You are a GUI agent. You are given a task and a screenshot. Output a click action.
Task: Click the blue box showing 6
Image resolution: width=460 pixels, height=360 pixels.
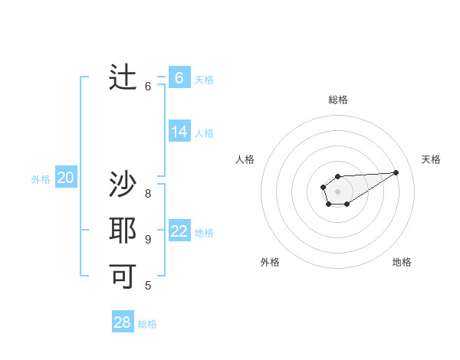tap(179, 78)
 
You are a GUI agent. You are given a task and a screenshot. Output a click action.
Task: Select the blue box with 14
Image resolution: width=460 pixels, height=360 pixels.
tap(179, 132)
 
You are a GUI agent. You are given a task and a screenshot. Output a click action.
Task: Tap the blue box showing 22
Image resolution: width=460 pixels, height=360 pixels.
tap(179, 231)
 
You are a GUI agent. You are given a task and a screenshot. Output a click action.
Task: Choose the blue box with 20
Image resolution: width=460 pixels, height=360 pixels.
tap(65, 178)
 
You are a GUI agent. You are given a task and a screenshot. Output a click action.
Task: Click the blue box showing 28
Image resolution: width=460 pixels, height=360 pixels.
tap(122, 322)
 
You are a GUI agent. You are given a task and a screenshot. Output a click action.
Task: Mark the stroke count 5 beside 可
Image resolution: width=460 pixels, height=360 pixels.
tap(148, 286)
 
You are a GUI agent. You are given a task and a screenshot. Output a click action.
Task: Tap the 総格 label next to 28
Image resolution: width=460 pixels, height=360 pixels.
tap(147, 324)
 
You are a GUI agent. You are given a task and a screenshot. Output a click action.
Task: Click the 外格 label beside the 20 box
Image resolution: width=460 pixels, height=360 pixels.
tap(41, 179)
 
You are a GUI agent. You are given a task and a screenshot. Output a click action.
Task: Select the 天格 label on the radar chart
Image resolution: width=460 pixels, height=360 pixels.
tap(431, 159)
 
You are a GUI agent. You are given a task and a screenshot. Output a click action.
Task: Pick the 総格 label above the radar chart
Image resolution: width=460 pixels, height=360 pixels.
tap(337, 100)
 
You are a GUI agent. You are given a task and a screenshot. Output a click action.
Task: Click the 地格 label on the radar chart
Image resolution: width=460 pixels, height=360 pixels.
tap(402, 262)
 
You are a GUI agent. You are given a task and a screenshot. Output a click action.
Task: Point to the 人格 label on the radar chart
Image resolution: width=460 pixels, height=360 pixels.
tap(245, 159)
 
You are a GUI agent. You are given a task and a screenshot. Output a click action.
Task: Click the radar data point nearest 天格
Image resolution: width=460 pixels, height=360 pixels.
tap(396, 172)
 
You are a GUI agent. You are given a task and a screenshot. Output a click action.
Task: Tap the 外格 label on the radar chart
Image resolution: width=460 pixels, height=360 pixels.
tap(270, 262)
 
